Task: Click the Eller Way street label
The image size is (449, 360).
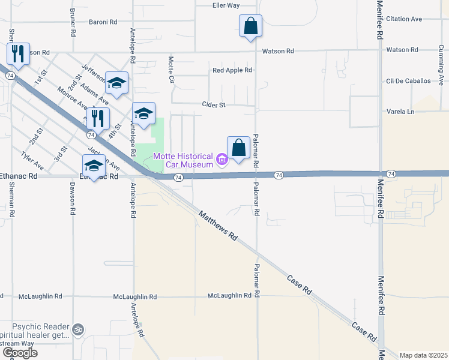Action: (x=226, y=5)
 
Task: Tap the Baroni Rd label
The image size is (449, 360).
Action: (x=103, y=22)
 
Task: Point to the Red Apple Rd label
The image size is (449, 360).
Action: (x=232, y=70)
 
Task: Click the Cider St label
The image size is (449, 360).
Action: (x=213, y=104)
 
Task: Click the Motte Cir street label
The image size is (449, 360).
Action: (x=171, y=70)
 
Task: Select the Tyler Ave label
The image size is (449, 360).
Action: (x=32, y=160)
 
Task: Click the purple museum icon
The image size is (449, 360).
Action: (x=222, y=160)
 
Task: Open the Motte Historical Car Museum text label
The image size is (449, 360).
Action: (x=184, y=160)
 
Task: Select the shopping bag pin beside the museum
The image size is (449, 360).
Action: (x=238, y=148)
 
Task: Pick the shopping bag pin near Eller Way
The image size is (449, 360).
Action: (x=250, y=26)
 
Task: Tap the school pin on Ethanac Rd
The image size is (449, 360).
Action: (x=94, y=166)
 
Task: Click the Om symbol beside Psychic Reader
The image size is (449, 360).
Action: (x=77, y=329)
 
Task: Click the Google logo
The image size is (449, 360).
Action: (x=19, y=353)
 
